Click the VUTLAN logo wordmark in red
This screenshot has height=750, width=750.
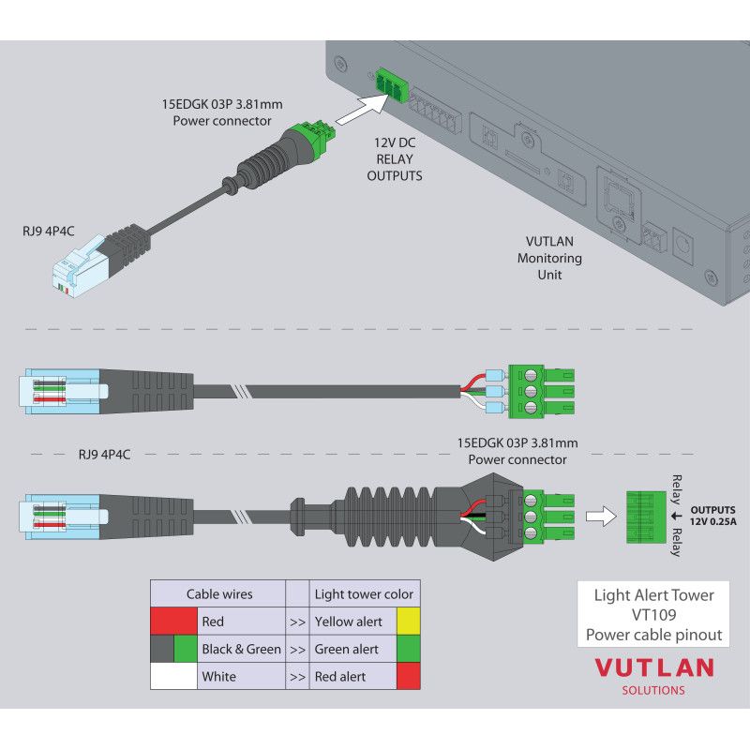point(654,668)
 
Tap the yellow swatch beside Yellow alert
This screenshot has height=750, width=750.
point(409,621)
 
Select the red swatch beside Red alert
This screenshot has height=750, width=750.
point(409,676)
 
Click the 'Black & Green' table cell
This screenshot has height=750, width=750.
point(241,649)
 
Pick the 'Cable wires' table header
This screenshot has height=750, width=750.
point(219,593)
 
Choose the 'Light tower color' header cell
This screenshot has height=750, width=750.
point(364,593)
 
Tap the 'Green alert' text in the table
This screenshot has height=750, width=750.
point(347,649)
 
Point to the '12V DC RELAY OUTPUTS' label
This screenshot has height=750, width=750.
point(394,157)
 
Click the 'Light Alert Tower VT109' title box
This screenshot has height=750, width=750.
point(653,614)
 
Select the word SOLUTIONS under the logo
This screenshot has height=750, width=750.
point(653,691)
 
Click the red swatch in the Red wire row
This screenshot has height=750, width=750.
point(173,621)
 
